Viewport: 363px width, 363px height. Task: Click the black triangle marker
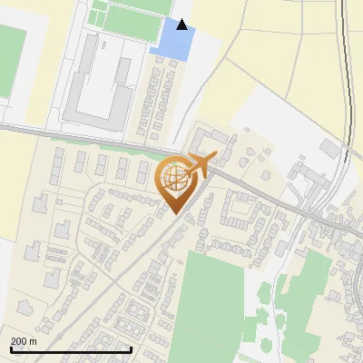182,25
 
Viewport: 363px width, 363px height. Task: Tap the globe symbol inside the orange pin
176,179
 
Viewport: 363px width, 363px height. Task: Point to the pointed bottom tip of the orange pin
176,214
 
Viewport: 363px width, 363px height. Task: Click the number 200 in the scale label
19,341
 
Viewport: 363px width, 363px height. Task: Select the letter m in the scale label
33,341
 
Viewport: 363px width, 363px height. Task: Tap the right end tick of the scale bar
132,349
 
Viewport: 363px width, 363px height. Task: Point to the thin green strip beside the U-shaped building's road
127,143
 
